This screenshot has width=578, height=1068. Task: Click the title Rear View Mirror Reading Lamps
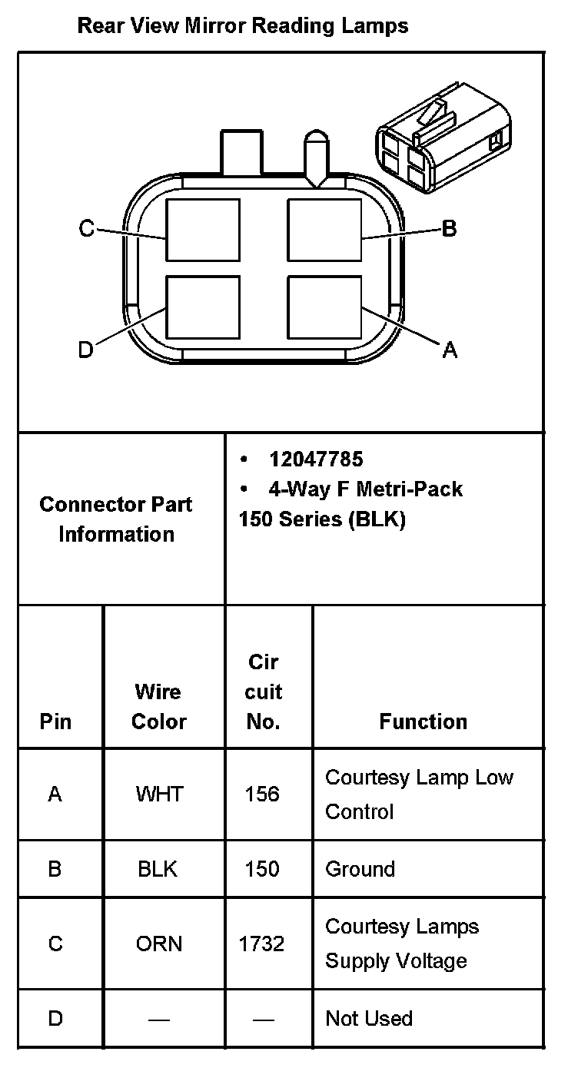point(243,26)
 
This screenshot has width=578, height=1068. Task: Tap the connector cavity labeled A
point(324,307)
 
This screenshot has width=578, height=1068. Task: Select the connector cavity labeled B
point(324,230)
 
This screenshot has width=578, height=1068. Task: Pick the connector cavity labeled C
point(203,230)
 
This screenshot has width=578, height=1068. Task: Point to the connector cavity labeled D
point(203,307)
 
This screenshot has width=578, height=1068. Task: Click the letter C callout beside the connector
point(87,228)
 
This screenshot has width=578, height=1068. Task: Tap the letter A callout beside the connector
point(450,350)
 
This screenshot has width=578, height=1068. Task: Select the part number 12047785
point(315,459)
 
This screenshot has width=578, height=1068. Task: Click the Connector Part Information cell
point(116,519)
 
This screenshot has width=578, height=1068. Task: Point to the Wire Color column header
point(158,706)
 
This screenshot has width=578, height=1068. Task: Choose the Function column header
point(423,721)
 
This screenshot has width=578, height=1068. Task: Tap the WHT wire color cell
point(159,794)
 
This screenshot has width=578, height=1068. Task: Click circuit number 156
point(262,794)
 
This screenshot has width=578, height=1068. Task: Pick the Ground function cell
point(360,869)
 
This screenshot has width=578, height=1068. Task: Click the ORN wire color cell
point(159,944)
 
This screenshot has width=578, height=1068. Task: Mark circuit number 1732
point(262,944)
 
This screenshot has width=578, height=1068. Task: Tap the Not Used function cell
point(369,1019)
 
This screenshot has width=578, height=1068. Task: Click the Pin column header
point(55,721)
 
